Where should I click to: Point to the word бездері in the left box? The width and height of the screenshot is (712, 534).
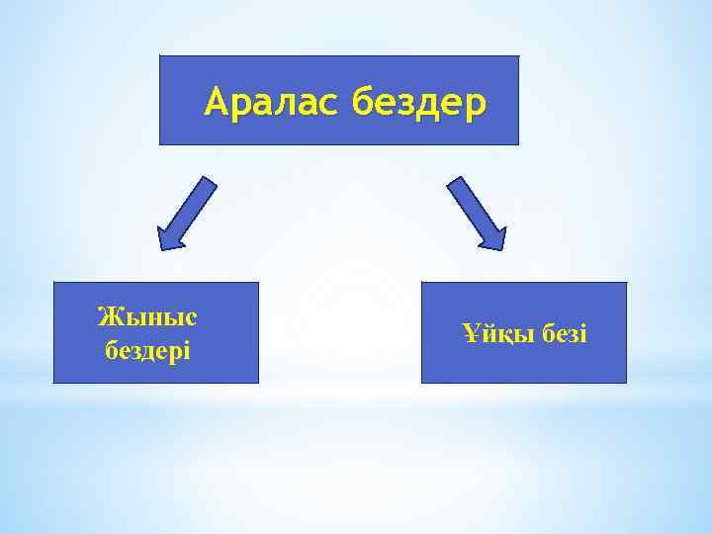(x=147, y=350)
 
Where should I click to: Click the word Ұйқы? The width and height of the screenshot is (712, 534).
(x=493, y=334)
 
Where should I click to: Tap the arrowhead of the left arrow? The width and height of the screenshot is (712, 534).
(x=169, y=236)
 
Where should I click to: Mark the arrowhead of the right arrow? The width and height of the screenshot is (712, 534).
(x=491, y=236)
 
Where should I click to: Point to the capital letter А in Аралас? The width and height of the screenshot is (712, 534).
(x=217, y=102)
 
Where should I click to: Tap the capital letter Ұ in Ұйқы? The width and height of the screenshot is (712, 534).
(x=470, y=334)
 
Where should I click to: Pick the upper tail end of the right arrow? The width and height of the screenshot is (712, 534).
(x=455, y=183)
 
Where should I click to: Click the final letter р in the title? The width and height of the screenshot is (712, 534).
(x=478, y=105)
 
